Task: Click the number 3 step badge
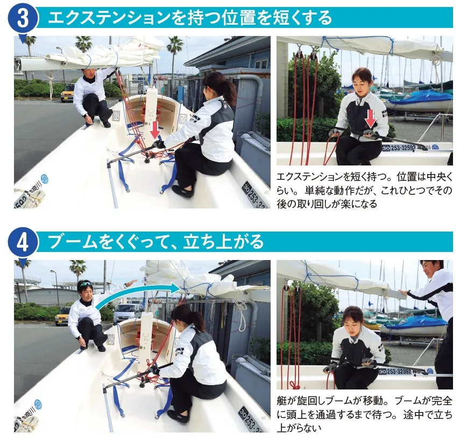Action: click(x=23, y=18)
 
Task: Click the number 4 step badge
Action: click(x=23, y=242)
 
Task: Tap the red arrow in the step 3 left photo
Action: click(x=155, y=129)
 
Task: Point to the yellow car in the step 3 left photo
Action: click(x=67, y=92)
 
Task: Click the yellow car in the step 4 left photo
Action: click(x=62, y=316)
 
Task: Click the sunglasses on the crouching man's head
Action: click(x=86, y=283)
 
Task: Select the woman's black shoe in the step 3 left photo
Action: click(x=182, y=192)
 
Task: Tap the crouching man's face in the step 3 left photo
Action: click(x=89, y=74)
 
